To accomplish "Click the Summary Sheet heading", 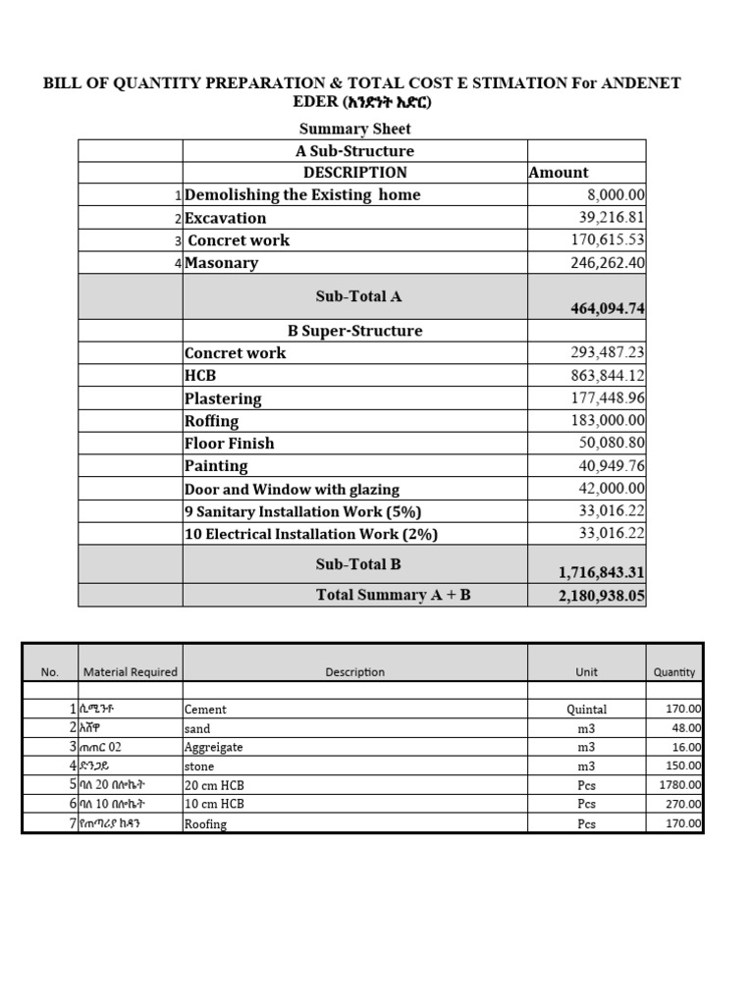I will coord(354,129).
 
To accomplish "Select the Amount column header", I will coord(559,173).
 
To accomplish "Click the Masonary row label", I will coord(222,263).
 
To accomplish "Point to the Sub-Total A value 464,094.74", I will coord(607,308).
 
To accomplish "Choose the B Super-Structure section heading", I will coord(354,331).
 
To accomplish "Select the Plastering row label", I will coord(223,398).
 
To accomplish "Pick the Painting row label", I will coord(216,466).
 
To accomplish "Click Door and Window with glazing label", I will coord(292,489).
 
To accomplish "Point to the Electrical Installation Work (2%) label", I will coord(311,534).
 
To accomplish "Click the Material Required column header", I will coord(131,672).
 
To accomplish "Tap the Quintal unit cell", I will coord(586,710).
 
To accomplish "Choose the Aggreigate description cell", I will coord(213,748).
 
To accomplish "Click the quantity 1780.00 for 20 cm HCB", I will coord(678,785).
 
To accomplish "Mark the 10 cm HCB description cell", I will coord(214,804).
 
